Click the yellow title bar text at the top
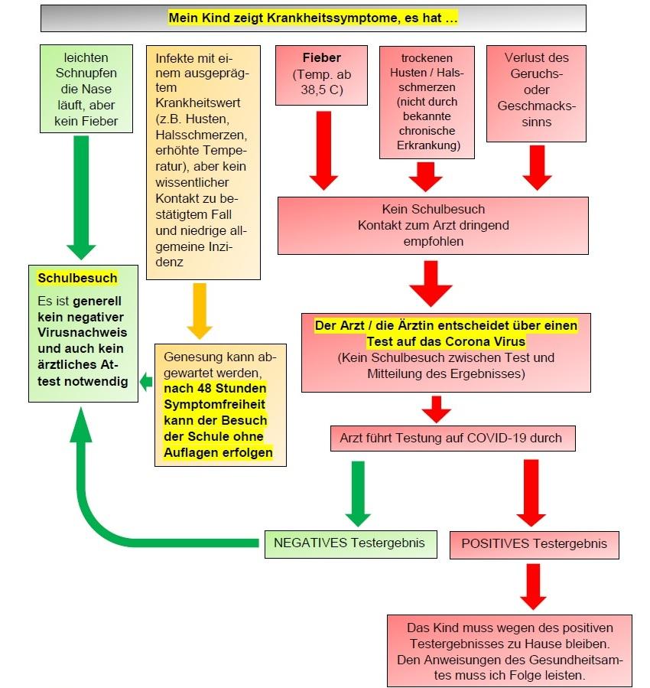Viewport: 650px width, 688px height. coord(313,18)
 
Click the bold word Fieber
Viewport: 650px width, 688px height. coord(322,57)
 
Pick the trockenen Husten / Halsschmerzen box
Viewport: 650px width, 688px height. coord(427,101)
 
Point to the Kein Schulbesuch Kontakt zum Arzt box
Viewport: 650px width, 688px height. coord(433,225)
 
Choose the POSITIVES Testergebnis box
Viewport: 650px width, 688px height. coord(534,543)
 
